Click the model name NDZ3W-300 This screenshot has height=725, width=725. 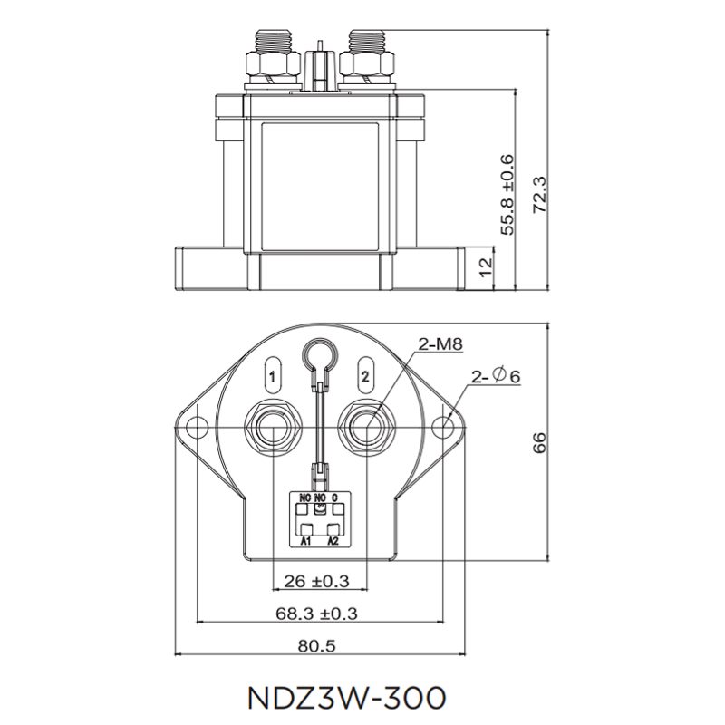click(x=345, y=698)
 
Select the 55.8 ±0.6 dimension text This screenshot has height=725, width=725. click(x=508, y=195)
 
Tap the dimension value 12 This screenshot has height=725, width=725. click(x=486, y=267)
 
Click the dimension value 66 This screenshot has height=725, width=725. click(x=541, y=443)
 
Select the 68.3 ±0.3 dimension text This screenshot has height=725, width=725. click(x=316, y=614)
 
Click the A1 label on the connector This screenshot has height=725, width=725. click(x=306, y=542)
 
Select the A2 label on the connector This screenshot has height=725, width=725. click(x=333, y=542)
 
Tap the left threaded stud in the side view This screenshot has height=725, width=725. click(x=271, y=43)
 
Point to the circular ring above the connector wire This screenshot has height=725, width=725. click(x=319, y=355)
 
